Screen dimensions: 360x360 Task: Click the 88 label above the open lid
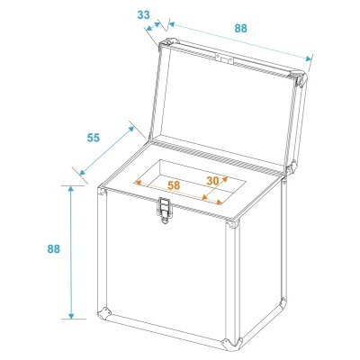click(240, 28)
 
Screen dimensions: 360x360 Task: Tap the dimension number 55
click(93, 139)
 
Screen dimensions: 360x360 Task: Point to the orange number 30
click(212, 180)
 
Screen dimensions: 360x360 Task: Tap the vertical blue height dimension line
click(71, 252)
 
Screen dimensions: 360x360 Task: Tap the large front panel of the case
click(166, 270)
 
